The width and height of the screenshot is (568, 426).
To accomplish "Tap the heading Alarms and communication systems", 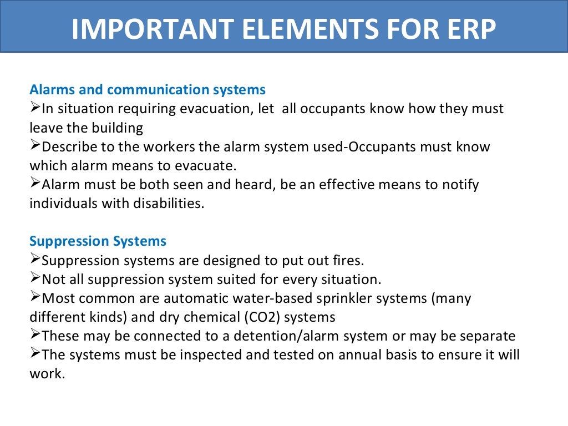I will [x=148, y=89].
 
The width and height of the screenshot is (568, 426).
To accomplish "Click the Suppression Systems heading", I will [x=98, y=241].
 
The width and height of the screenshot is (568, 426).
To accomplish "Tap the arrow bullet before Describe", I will [x=35, y=146].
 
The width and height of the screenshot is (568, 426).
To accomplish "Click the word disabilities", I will [x=166, y=204].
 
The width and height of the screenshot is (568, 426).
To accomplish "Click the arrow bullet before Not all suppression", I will [x=35, y=278].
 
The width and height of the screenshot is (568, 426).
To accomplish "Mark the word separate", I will [x=488, y=336].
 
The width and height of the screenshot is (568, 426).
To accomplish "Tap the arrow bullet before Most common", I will [x=35, y=297].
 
